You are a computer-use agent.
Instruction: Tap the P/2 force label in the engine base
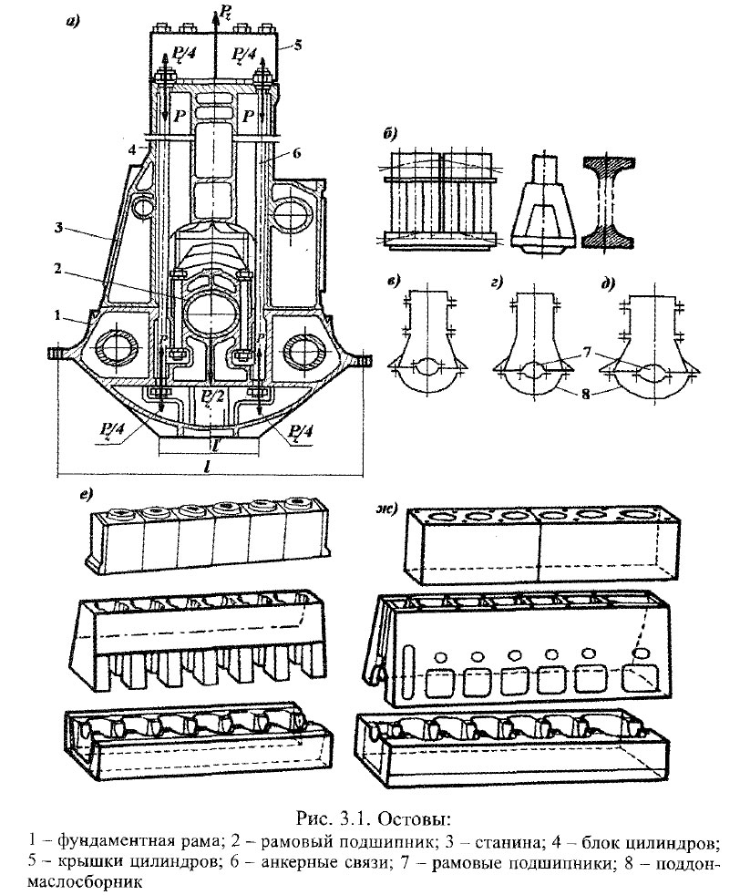(211, 394)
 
